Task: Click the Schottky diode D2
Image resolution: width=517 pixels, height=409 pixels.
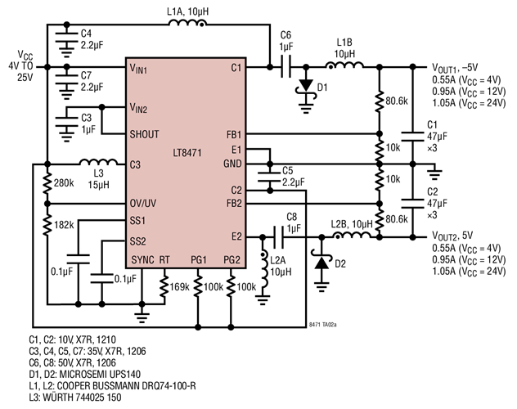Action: point(321,264)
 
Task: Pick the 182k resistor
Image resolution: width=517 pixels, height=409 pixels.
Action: point(47,225)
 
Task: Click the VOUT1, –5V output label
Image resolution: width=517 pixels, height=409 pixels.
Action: point(462,68)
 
